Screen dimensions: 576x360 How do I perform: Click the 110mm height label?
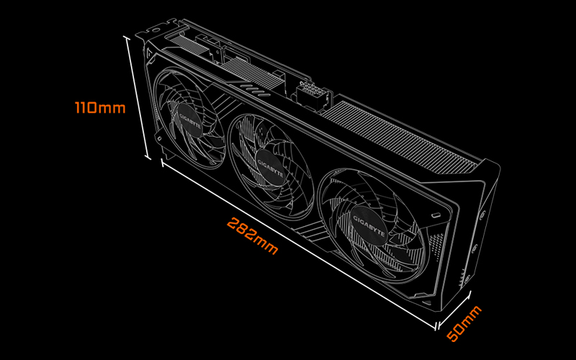100,107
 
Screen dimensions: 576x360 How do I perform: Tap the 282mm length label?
253,236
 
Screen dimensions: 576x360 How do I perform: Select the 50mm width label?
464,323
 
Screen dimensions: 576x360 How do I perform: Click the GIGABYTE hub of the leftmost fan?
190,121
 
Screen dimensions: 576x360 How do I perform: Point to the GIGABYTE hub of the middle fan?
270,168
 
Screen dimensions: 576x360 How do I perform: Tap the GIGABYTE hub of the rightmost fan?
369,225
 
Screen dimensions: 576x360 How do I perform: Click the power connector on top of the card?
312,96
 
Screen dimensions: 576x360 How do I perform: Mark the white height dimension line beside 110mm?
138,98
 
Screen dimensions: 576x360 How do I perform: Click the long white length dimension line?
299,243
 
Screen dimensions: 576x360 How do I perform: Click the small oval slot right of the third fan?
436,215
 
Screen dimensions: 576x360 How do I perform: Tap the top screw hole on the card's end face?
482,213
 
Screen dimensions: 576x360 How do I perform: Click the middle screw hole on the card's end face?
474,248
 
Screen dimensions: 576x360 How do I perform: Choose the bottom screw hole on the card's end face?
467,280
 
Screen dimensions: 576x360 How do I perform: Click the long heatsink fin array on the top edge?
400,136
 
